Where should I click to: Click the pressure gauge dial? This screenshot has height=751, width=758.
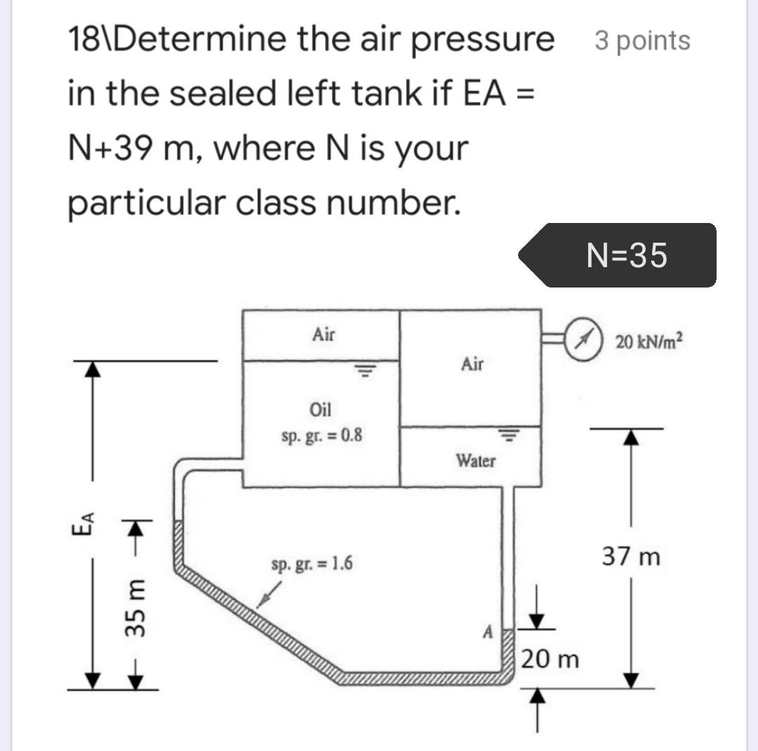click(582, 341)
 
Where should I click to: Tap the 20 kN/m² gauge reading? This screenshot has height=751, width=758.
click(649, 343)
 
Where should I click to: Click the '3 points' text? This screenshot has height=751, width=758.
click(642, 41)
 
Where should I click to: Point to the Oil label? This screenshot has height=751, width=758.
click(320, 410)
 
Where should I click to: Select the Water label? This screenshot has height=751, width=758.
click(476, 461)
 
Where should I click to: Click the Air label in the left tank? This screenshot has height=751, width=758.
click(323, 334)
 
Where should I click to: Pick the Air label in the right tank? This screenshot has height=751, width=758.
click(473, 364)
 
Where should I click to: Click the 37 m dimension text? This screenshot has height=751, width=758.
click(631, 557)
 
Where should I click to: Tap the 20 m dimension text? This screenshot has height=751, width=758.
click(550, 659)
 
